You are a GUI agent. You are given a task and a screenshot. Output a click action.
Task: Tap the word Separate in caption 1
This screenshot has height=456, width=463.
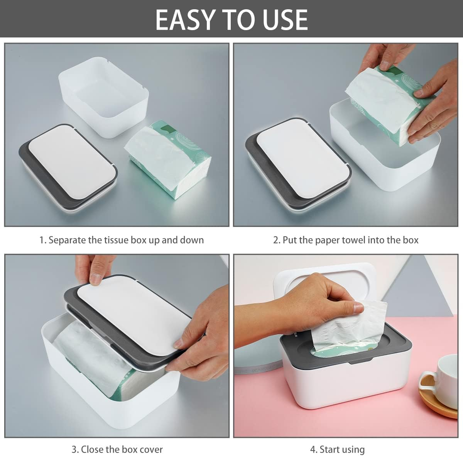click(67, 240)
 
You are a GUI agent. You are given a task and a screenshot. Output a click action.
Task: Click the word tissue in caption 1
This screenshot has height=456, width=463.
click(117, 240)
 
